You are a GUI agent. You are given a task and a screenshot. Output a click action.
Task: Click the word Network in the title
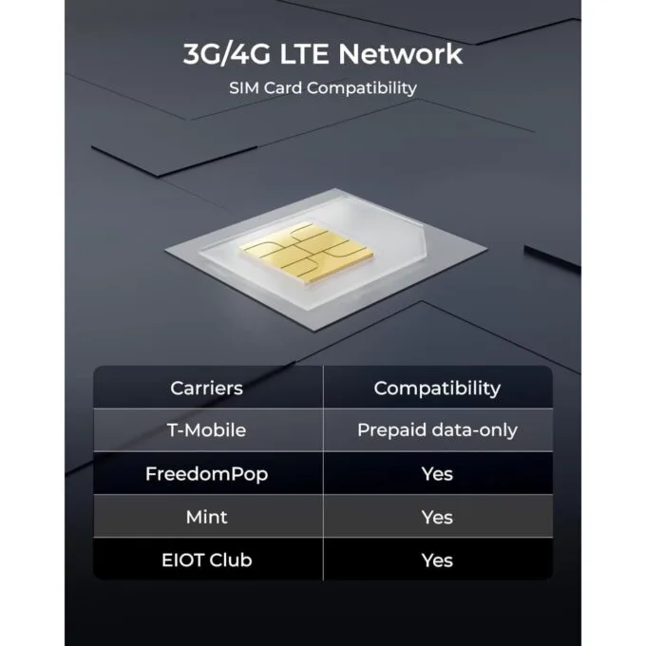click(x=401, y=54)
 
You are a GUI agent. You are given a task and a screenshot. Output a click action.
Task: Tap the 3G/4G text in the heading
click(x=227, y=54)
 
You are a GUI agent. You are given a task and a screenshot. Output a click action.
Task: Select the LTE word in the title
click(x=304, y=54)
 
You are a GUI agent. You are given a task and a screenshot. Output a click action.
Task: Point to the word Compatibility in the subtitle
click(x=362, y=88)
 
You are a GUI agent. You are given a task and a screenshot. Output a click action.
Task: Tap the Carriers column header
click(x=206, y=389)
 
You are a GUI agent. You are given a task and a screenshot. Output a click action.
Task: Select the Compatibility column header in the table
click(x=437, y=389)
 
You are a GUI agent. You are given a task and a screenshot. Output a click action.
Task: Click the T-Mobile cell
click(x=206, y=430)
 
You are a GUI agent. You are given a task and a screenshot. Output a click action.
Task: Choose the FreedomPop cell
click(x=206, y=474)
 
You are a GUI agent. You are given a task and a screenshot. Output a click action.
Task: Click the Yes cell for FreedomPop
click(x=437, y=474)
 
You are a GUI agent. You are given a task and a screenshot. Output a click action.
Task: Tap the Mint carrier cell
click(x=206, y=517)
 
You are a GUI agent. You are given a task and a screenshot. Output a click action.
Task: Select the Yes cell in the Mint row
click(x=437, y=517)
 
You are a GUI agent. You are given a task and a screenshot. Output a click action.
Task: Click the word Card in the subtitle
click(x=283, y=87)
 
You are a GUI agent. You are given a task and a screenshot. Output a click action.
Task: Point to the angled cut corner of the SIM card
click(x=424, y=239)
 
